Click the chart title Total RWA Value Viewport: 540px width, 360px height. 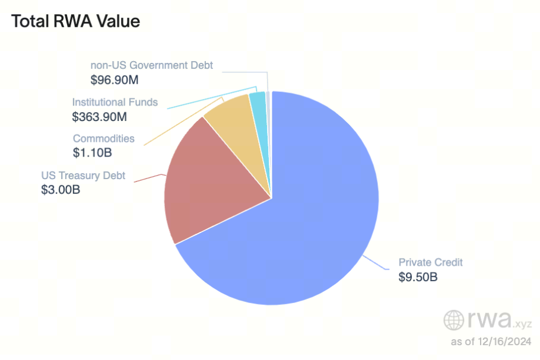pos(75,21)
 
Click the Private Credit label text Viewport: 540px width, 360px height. pos(430,262)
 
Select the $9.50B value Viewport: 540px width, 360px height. pos(418,276)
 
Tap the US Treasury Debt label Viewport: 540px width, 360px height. pos(83,176)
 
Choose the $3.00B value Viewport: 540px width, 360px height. pos(61,190)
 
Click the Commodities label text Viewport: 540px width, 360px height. pos(104,139)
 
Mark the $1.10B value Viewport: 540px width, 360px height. pos(93,153)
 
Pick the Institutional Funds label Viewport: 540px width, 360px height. pos(115,102)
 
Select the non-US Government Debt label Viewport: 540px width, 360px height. pos(151,65)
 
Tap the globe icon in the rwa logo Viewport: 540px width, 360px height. pos(454,320)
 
